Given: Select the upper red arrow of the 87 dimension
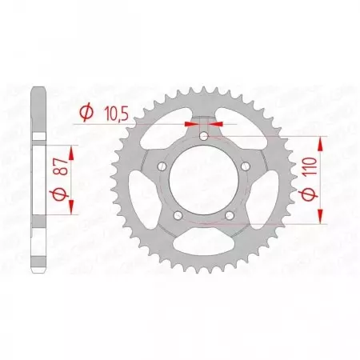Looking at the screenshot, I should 72,153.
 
